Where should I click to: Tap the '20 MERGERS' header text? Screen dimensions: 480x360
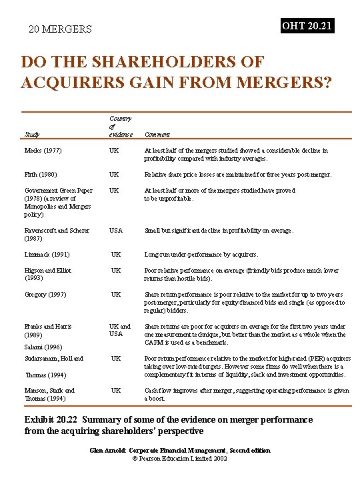[x=60, y=29]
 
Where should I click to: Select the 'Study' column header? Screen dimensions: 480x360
[x=31, y=135]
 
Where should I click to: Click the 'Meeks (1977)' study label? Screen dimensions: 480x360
[x=42, y=151]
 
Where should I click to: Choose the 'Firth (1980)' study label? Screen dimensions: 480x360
[x=40, y=175]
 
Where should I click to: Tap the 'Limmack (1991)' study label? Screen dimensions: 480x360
[x=46, y=255]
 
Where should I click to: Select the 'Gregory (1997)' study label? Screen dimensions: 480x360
[x=45, y=295]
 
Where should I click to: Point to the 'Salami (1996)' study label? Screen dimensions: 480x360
[x=43, y=347]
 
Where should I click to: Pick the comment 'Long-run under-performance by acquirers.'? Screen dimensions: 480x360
[x=201, y=255]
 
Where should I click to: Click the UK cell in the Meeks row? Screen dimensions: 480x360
[x=115, y=151]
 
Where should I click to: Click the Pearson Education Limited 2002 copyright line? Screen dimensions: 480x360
[x=180, y=459]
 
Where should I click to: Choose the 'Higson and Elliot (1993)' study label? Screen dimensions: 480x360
[x=47, y=275]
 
